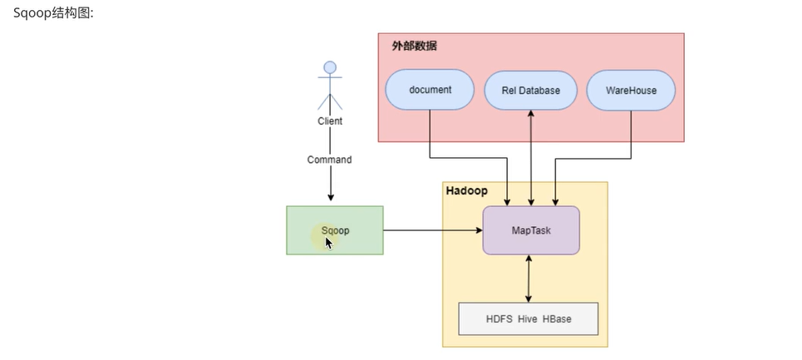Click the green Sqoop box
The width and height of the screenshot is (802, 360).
tap(334, 230)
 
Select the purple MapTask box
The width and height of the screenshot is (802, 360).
tap(531, 230)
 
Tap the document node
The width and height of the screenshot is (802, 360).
tap(430, 90)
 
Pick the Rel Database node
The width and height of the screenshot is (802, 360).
tap(530, 90)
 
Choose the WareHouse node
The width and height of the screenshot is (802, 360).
tap(631, 90)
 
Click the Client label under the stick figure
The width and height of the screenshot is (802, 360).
tap(330, 121)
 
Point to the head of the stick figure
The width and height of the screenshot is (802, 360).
tap(330, 67)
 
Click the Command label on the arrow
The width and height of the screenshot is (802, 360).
tap(329, 160)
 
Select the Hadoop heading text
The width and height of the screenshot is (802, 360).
tap(466, 191)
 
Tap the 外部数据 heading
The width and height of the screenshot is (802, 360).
tap(415, 46)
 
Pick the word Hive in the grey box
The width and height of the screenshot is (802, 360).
tap(528, 319)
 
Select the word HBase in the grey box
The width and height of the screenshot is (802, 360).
tap(557, 319)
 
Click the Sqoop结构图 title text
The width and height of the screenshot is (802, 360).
tap(53, 13)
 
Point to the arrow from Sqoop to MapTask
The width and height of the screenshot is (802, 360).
tap(433, 230)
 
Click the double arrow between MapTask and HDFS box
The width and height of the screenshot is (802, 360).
tap(529, 279)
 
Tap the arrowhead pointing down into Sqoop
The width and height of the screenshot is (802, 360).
tap(331, 197)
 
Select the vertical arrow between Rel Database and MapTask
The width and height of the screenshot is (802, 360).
tap(531, 158)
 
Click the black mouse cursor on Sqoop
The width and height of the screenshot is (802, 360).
tap(328, 243)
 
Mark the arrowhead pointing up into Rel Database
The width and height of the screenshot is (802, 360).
tap(531, 114)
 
